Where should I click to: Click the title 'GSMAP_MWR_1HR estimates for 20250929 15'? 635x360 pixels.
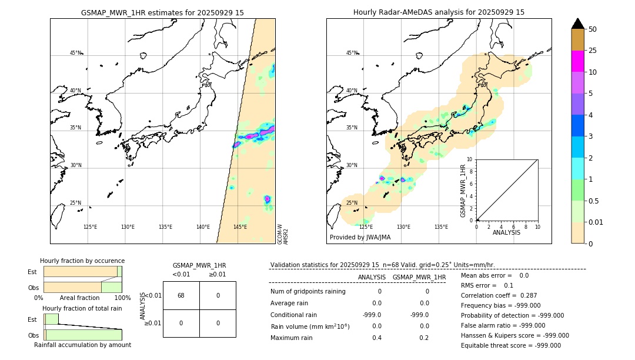pos(162,12)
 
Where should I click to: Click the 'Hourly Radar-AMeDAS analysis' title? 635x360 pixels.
pos(439,12)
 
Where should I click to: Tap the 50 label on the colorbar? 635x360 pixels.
pos(593,29)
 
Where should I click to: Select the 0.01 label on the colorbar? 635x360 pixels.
pos(596,222)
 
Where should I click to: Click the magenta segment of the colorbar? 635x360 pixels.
pos(577,61)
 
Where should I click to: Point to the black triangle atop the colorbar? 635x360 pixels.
pos(577,24)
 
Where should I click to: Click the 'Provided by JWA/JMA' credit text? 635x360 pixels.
pos(360,237)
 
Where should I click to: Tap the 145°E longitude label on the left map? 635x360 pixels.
pos(240,227)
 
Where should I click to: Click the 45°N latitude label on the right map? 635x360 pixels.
pos(352,53)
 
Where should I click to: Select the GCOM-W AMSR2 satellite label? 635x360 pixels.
pos(283,234)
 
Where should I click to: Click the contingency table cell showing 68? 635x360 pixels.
pos(181,295)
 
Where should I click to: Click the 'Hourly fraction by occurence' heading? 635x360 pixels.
pos(82,261)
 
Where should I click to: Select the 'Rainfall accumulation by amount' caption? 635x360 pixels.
pos(82,345)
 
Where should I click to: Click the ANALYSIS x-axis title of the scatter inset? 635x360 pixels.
pos(506,232)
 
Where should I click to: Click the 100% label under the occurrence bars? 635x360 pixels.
pos(122,298)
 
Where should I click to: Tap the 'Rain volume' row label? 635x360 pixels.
pos(310,326)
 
